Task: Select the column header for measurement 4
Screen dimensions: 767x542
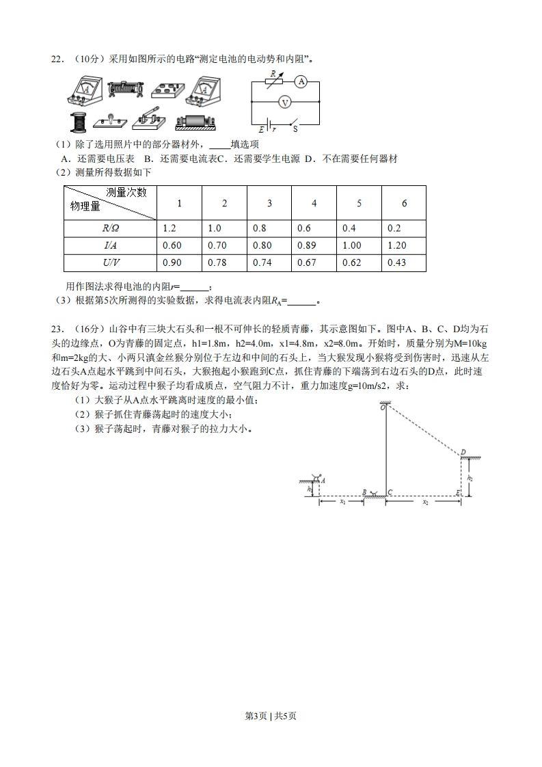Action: pyautogui.click(x=314, y=203)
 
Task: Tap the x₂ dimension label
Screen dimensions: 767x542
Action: pyautogui.click(x=424, y=502)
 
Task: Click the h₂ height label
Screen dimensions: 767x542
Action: pyautogui.click(x=470, y=479)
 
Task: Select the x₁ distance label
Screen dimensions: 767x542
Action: pyautogui.click(x=342, y=502)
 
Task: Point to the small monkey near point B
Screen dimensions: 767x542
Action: pyautogui.click(x=372, y=492)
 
